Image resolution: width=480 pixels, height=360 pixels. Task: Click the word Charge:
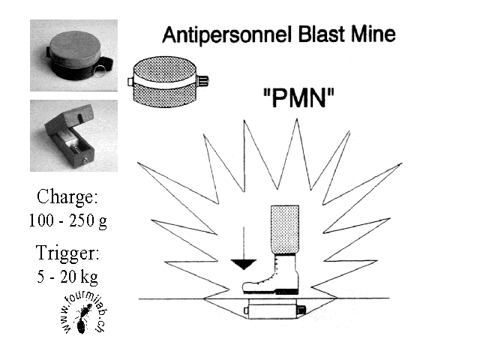tap(67, 197)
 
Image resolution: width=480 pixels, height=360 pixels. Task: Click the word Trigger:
tap(67, 251)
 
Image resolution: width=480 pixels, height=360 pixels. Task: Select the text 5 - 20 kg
tap(67, 276)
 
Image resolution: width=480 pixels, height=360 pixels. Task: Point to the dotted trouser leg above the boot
tap(283, 226)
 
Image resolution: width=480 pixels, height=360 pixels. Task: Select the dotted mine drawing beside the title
tap(166, 82)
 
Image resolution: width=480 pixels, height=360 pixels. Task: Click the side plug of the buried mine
tap(301, 309)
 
